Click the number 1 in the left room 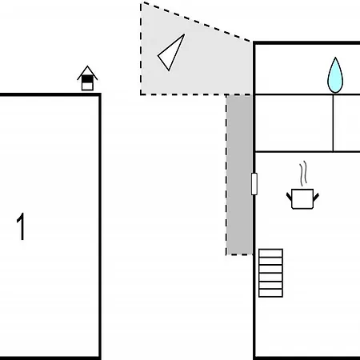click(x=21, y=226)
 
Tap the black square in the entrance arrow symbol click(x=87, y=79)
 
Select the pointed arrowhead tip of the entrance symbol click(x=87, y=66)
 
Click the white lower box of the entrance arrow click(x=87, y=86)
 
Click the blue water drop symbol click(x=335, y=75)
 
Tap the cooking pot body click(x=302, y=198)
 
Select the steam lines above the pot click(x=302, y=174)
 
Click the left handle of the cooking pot click(x=289, y=197)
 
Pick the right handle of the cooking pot click(x=316, y=198)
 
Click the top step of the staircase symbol click(x=270, y=253)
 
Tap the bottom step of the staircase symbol click(x=270, y=293)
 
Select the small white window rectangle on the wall click(x=254, y=184)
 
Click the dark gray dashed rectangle click(x=239, y=174)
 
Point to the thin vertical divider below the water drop click(x=333, y=123)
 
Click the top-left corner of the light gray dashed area click(x=141, y=2)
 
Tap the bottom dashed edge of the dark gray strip click(x=239, y=254)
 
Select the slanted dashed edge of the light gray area click(x=195, y=22)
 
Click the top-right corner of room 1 click(x=100, y=94)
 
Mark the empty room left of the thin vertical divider click(x=294, y=123)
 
